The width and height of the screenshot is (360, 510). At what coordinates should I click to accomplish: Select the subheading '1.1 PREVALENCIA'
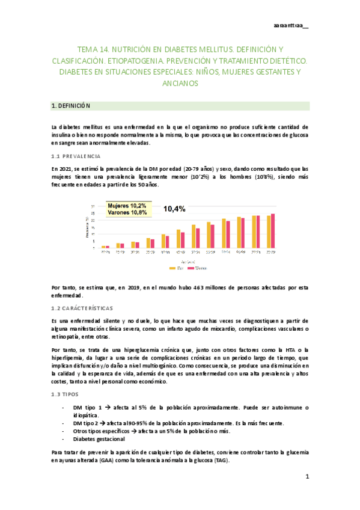[x=76, y=156]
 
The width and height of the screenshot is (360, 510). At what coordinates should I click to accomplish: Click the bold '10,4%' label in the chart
[x=174, y=209]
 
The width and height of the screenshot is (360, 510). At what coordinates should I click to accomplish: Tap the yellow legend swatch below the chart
[x=173, y=268]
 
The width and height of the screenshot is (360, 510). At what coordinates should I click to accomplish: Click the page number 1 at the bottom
[x=307, y=477]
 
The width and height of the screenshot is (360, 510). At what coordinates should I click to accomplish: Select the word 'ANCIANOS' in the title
[x=180, y=84]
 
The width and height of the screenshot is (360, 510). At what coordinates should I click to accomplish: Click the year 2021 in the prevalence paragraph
[x=65, y=169]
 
